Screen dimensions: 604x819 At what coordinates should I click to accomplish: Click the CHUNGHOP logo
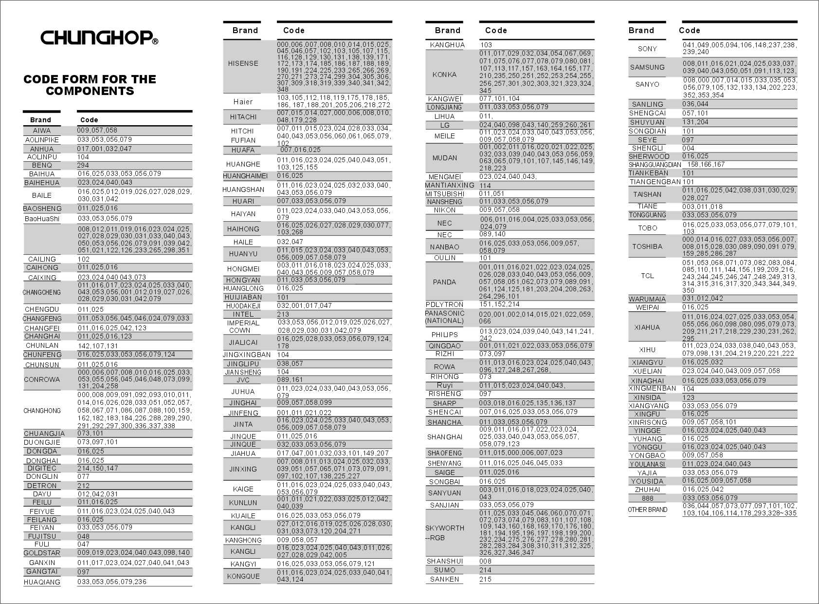(99, 38)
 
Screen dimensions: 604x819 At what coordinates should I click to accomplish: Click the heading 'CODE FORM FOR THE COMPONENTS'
(90, 85)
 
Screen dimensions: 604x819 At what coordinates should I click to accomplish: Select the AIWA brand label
(42, 131)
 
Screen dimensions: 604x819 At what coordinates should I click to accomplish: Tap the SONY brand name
(647, 48)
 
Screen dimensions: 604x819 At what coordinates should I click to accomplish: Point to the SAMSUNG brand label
(647, 67)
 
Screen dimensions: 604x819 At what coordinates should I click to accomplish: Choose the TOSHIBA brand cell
(647, 246)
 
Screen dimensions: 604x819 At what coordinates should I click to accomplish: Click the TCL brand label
(647, 276)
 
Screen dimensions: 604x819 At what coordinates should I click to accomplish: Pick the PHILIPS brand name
(444, 335)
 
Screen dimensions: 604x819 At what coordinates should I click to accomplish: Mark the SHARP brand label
(444, 403)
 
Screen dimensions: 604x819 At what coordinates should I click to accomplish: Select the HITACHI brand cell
(243, 117)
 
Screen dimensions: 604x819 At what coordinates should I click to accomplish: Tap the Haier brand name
(243, 102)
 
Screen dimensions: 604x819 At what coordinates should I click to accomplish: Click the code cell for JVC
(290, 380)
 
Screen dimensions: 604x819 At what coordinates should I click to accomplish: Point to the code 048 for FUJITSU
(84, 536)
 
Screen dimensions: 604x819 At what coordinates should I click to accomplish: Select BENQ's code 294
(83, 166)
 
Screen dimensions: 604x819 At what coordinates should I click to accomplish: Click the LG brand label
(444, 125)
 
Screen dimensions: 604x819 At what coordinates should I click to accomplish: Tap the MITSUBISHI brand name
(444, 194)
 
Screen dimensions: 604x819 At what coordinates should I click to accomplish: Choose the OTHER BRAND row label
(647, 510)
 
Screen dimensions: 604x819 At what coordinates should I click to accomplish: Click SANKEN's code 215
(485, 579)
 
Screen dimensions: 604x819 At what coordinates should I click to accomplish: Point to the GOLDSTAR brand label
(42, 553)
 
